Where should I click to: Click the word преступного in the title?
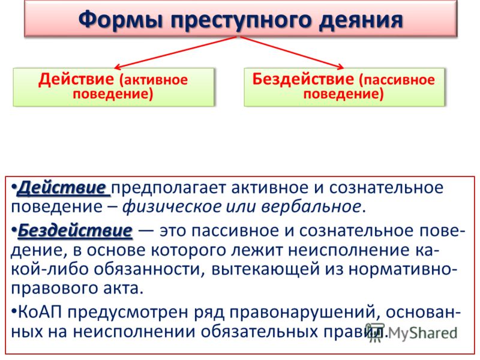tap(243, 20)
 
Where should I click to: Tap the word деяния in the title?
tap(361, 20)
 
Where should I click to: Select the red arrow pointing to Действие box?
tap(175, 52)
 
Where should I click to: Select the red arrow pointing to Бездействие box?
tap(292, 52)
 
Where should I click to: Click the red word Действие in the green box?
tap(76, 79)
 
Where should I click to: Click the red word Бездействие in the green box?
tap(303, 79)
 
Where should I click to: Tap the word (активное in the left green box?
tap(153, 80)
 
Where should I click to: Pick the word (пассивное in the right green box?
tap(397, 80)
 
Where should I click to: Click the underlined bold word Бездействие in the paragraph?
tap(76, 230)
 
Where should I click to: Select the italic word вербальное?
tap(311, 206)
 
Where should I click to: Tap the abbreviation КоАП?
tap(40, 312)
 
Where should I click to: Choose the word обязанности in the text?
tap(149, 269)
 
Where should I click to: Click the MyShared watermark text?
tap(412, 332)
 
